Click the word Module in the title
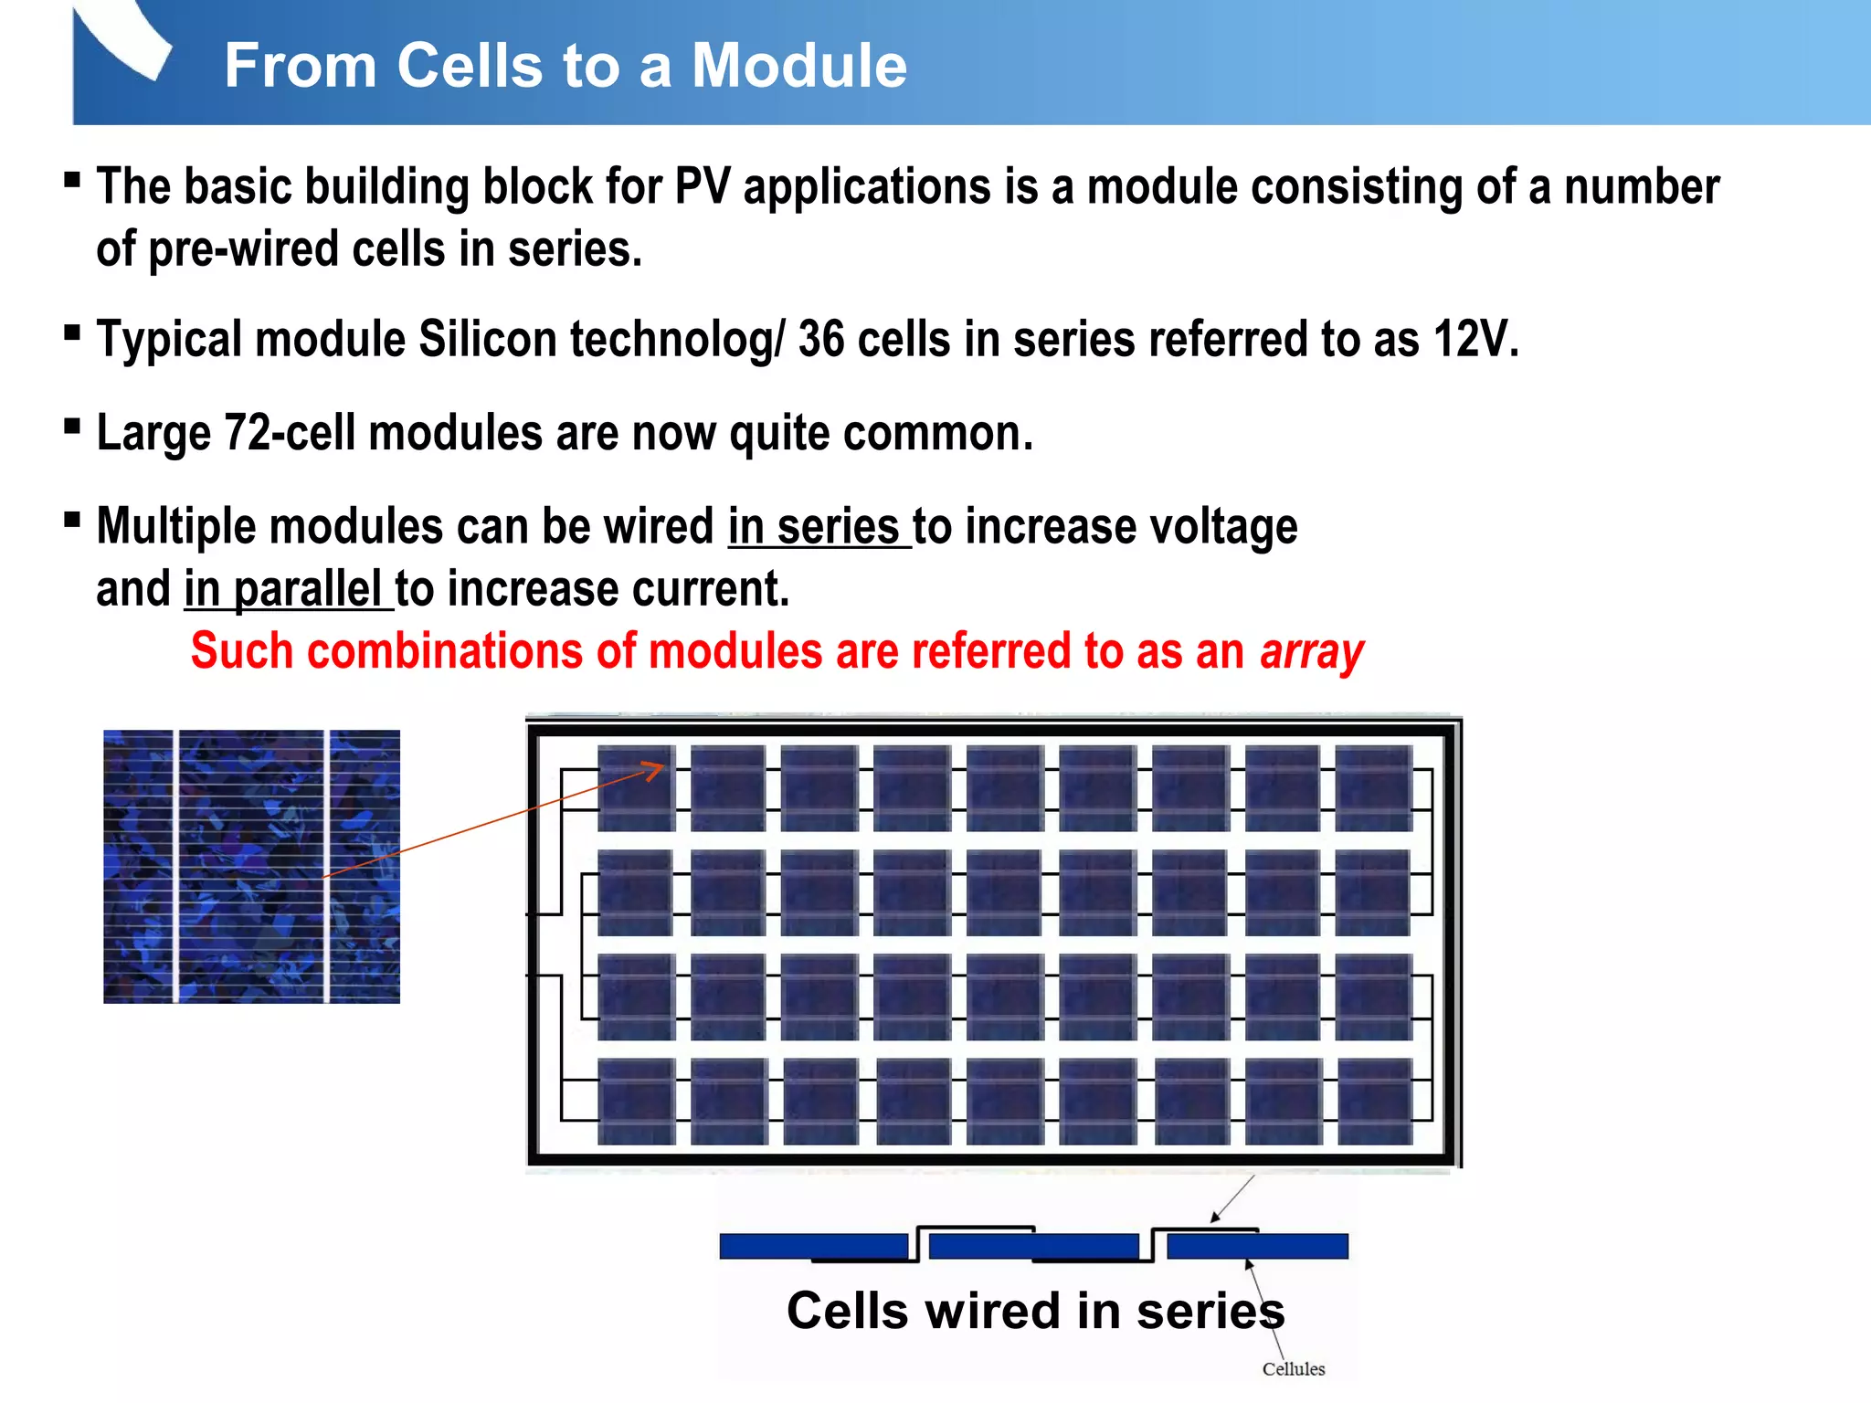(798, 66)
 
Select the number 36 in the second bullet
(820, 340)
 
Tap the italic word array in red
(1311, 652)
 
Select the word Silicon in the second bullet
(488, 340)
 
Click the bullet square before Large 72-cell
(72, 426)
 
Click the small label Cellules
(1293, 1369)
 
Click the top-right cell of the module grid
(1373, 787)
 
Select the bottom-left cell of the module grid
(636, 1101)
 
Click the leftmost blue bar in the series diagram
(813, 1246)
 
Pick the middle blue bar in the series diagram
(1033, 1246)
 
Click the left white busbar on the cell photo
(175, 866)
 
